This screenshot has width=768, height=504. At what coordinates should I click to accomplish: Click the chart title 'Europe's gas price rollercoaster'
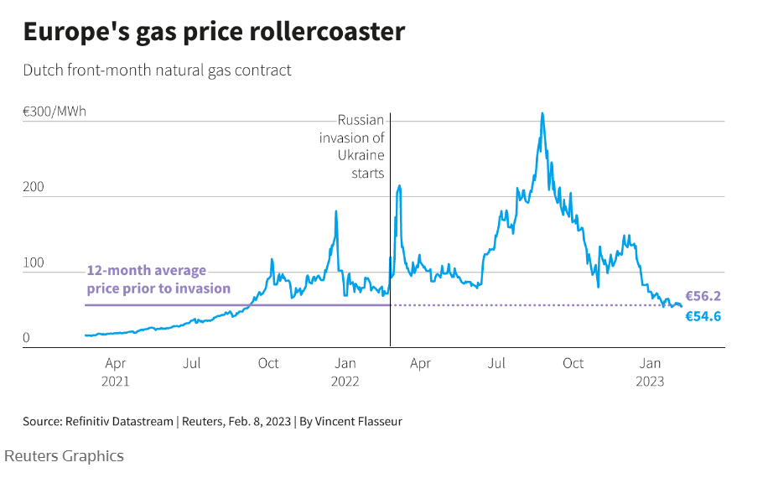click(x=214, y=32)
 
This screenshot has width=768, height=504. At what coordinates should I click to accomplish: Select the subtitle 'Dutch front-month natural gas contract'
click(x=158, y=70)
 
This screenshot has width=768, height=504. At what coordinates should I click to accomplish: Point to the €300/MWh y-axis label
click(x=54, y=112)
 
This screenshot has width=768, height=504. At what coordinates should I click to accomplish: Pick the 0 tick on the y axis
click(x=27, y=339)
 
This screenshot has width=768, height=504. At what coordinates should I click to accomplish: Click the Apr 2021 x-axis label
click(x=116, y=372)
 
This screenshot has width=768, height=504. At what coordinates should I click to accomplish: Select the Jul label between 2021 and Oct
click(x=192, y=364)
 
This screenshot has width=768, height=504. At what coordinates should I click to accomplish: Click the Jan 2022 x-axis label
click(x=345, y=372)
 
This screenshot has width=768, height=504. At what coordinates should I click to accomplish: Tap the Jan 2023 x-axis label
click(x=651, y=372)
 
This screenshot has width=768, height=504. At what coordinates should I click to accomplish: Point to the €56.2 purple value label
click(x=703, y=296)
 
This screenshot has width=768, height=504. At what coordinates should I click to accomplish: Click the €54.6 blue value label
click(x=703, y=317)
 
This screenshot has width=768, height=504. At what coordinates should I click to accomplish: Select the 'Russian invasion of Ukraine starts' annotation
click(x=352, y=147)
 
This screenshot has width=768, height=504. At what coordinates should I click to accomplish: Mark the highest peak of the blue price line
click(x=542, y=113)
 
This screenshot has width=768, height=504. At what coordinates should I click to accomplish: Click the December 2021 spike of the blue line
click(x=336, y=211)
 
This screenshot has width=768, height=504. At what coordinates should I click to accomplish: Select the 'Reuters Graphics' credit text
click(x=64, y=456)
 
